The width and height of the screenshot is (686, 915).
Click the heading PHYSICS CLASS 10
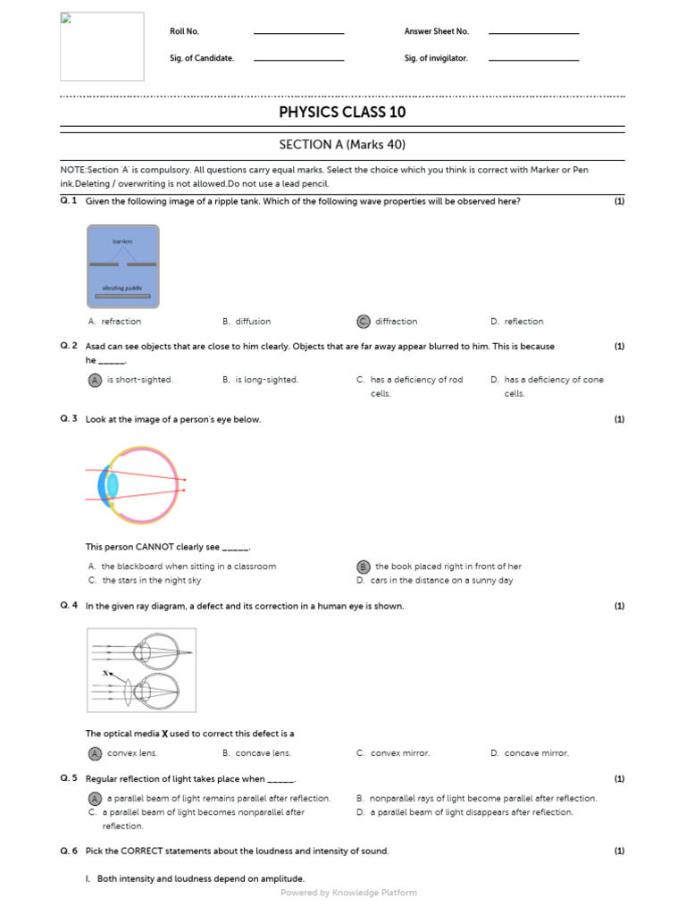click(342, 112)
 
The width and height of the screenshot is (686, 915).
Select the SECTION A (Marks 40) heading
click(342, 144)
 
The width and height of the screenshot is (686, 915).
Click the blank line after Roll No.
click(298, 33)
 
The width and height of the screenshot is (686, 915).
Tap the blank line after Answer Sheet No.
click(533, 33)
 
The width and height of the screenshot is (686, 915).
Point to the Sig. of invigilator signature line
click(533, 60)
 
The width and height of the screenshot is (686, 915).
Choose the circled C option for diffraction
click(363, 322)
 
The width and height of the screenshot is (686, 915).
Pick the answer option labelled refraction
click(121, 322)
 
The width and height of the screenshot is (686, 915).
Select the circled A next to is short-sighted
click(95, 380)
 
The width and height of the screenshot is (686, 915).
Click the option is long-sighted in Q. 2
click(266, 380)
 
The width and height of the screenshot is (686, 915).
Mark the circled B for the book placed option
click(363, 567)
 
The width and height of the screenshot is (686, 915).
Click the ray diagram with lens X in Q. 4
click(141, 670)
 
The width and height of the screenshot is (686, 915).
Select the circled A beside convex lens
click(95, 753)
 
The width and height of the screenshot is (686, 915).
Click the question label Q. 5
click(69, 778)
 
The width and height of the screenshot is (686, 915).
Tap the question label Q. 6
click(69, 851)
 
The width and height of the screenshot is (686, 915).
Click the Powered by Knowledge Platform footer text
click(348, 893)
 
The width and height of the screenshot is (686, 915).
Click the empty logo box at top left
click(102, 46)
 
